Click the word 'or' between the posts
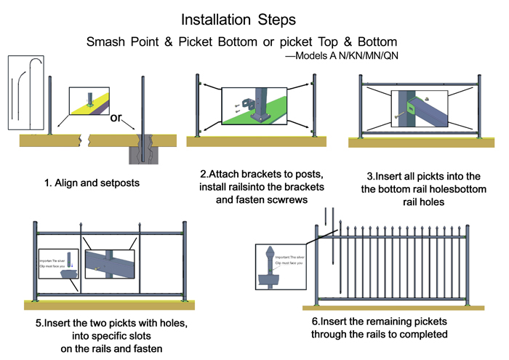coord(115,119)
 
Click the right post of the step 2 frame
coord(315,106)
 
